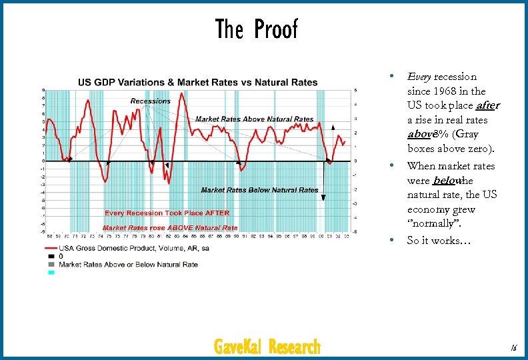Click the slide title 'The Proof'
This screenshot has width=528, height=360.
pos(257,29)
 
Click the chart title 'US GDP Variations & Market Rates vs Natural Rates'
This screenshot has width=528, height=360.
pos(198,83)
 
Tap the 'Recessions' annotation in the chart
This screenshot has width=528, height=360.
pos(150,101)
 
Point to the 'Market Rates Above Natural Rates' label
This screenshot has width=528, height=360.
pos(254,119)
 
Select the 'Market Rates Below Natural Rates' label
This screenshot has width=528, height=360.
pos(259,190)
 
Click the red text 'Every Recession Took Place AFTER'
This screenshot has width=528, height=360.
pos(167,213)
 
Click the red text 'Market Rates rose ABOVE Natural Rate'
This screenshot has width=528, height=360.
pos(171,228)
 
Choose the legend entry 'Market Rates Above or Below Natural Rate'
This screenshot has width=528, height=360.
pos(129,264)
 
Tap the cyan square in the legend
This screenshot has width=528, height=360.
pos(51,272)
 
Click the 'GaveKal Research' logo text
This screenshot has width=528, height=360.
pos(267,347)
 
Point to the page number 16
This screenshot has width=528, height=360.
pos(513,347)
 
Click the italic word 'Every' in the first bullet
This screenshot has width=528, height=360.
pos(419,77)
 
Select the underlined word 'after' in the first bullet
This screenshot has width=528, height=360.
pos(488,106)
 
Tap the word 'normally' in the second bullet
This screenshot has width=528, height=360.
pos(436,224)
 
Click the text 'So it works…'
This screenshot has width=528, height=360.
pos(439,240)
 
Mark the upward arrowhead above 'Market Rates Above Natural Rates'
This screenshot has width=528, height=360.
pos(333,125)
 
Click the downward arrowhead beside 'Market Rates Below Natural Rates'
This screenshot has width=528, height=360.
pos(323,197)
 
